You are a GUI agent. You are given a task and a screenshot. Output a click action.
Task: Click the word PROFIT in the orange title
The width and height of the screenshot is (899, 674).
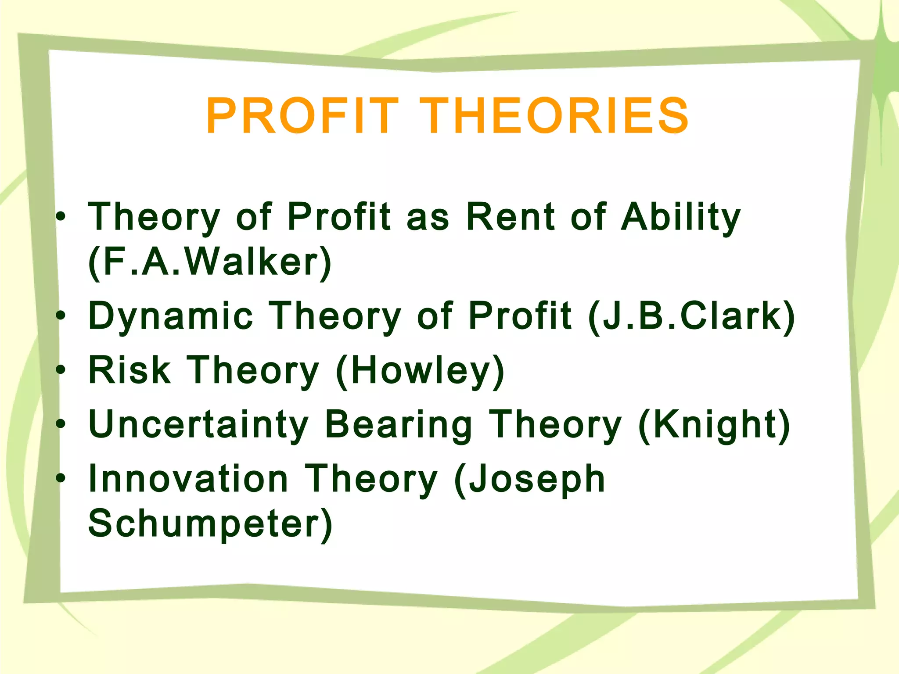[302, 116]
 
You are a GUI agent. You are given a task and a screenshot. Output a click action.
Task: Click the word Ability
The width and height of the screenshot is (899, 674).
[681, 217]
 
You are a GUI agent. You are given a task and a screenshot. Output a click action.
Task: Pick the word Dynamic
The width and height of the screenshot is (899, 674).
[171, 316]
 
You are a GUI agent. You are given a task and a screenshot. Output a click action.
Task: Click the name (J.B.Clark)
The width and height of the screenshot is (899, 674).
[691, 316]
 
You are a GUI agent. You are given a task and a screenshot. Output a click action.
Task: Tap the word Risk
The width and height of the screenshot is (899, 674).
[129, 370]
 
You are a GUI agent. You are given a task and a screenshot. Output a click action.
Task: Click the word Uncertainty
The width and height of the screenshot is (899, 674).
[198, 424]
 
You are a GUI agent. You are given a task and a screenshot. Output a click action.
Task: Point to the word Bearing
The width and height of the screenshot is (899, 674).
[399, 425]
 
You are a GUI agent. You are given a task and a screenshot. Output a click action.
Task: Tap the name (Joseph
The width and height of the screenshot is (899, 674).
[529, 480]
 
